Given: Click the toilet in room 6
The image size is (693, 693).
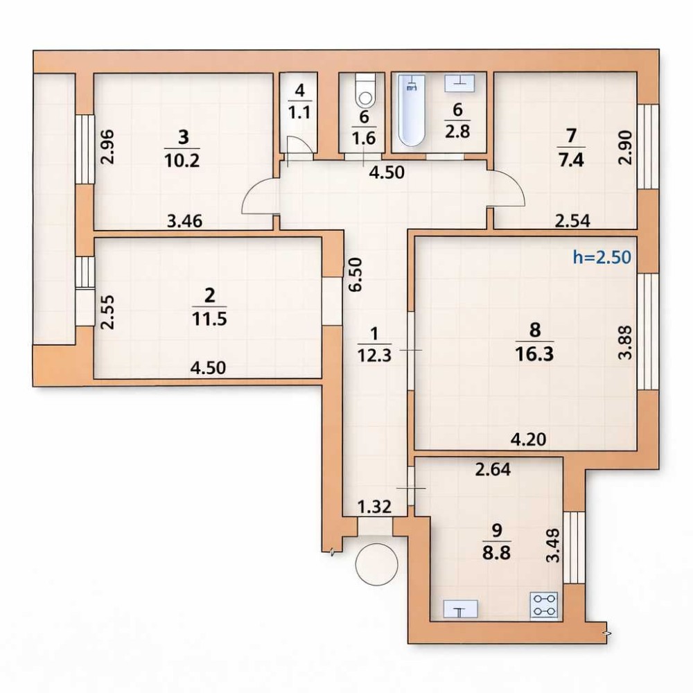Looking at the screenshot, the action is coord(365,90).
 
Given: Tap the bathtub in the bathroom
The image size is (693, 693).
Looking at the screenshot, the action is coord(412,109).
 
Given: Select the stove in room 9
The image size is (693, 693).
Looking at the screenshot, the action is coord(543,605).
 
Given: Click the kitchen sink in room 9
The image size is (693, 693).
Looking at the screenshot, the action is coord(461,609).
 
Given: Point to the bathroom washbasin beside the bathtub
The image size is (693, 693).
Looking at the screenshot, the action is coord(459,83).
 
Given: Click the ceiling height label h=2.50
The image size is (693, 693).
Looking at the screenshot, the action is coord(602,256).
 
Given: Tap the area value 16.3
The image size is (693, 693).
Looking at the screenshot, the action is coord(534,354).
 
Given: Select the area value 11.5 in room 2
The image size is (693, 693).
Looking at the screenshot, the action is coord(209,318).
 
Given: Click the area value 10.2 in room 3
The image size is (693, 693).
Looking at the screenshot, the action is coord(182,159).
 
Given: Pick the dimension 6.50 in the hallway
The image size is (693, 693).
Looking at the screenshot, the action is coord(355,274).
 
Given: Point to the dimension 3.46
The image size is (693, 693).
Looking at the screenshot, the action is coord(185,220).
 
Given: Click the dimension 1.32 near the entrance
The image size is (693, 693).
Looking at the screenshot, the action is coord(374,507).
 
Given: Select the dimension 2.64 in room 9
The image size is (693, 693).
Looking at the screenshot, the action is coord(493,469).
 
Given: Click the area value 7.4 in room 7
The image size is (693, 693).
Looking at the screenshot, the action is coord(571,159).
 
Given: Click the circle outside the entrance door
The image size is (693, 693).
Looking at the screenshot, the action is coord(376,564).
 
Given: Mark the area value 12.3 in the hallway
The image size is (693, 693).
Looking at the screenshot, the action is coord(374,355).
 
